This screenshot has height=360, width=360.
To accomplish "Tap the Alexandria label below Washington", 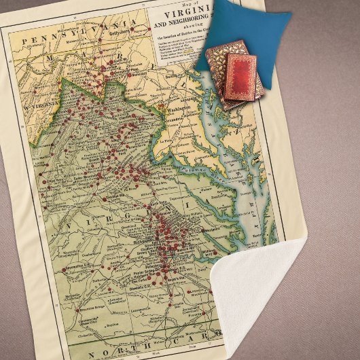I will pos(179,120).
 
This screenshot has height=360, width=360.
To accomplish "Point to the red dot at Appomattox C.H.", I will pos(64,270).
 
